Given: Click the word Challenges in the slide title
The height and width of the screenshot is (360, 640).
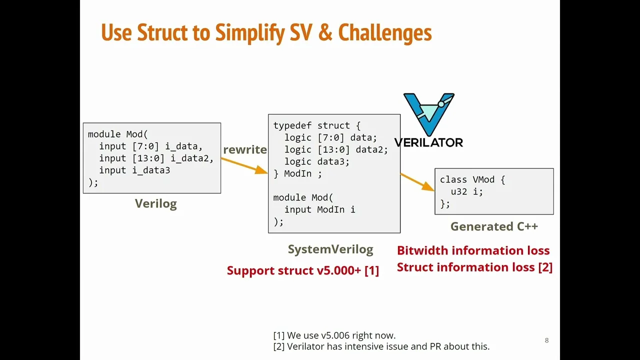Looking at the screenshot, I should [384, 33].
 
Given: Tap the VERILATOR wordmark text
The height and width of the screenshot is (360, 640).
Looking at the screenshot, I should [428, 142].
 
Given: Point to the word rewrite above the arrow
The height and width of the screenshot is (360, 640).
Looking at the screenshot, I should [245, 149].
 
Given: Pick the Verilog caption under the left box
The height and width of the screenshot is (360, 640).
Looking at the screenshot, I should [155, 203].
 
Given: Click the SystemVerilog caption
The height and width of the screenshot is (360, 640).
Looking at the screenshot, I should [330, 249].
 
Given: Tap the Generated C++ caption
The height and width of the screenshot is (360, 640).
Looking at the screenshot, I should [494, 226].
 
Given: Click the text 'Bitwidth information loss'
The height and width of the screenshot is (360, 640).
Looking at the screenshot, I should [473, 250].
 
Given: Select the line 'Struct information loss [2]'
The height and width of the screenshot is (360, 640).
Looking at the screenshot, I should [474, 267].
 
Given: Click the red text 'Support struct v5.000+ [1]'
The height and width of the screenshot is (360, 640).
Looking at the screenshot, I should [302, 270].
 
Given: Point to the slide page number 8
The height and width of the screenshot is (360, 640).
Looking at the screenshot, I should [546, 340].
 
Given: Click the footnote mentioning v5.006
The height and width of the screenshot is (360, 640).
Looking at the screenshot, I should [334, 335].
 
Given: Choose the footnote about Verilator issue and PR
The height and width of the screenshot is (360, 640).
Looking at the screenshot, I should [381, 346].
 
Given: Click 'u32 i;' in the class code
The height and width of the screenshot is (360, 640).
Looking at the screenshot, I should [466, 191].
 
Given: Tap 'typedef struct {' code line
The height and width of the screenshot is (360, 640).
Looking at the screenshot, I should [316, 125].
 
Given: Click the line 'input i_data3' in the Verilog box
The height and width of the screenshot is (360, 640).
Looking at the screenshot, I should [134, 170].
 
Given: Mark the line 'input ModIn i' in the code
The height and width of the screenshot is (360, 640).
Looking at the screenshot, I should [319, 209].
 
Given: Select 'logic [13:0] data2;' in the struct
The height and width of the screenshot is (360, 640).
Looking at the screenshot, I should [336, 149].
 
